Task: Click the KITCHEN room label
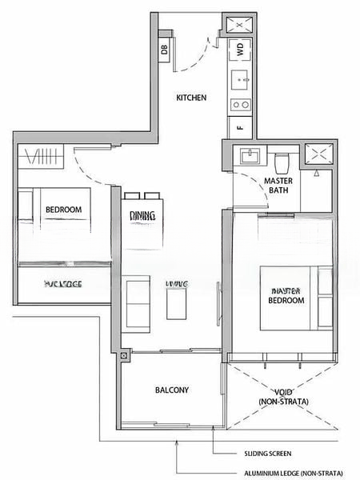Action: [192, 98]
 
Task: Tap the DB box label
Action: [165, 50]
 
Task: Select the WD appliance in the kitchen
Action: [240, 50]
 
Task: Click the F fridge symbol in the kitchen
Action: [240, 126]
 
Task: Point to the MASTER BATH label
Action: [278, 186]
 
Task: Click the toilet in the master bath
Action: [281, 162]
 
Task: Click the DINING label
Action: [143, 216]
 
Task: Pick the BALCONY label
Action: [172, 390]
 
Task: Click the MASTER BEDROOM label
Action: [286, 295]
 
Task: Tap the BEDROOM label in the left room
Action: [63, 210]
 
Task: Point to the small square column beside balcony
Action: [124, 356]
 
